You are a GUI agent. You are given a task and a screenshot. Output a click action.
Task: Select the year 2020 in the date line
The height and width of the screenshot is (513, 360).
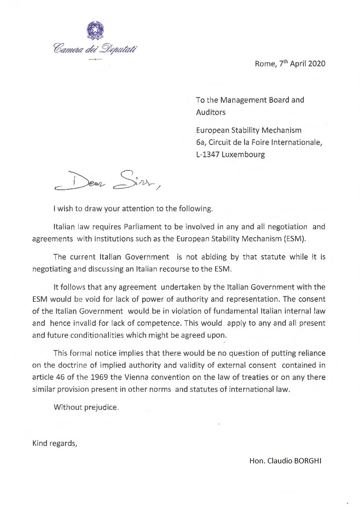click(316, 63)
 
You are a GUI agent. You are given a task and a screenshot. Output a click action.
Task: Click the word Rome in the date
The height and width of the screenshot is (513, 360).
click(264, 63)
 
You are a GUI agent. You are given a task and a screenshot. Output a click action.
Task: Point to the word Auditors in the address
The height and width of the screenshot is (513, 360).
click(211, 112)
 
